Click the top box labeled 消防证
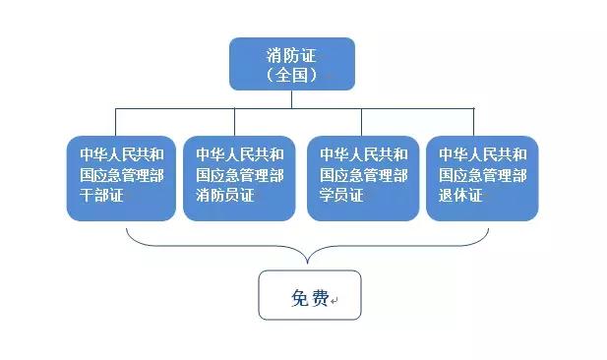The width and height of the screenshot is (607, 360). point(292,63)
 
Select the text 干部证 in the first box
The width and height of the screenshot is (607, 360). point(102,196)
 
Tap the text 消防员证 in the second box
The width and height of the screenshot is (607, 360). point(224,196)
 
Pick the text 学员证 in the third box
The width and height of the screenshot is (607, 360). point(341,196)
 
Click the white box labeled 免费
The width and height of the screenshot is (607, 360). point(310,295)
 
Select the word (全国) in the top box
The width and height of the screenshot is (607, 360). point(292,74)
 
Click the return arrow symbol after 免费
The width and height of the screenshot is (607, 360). point(334,299)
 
